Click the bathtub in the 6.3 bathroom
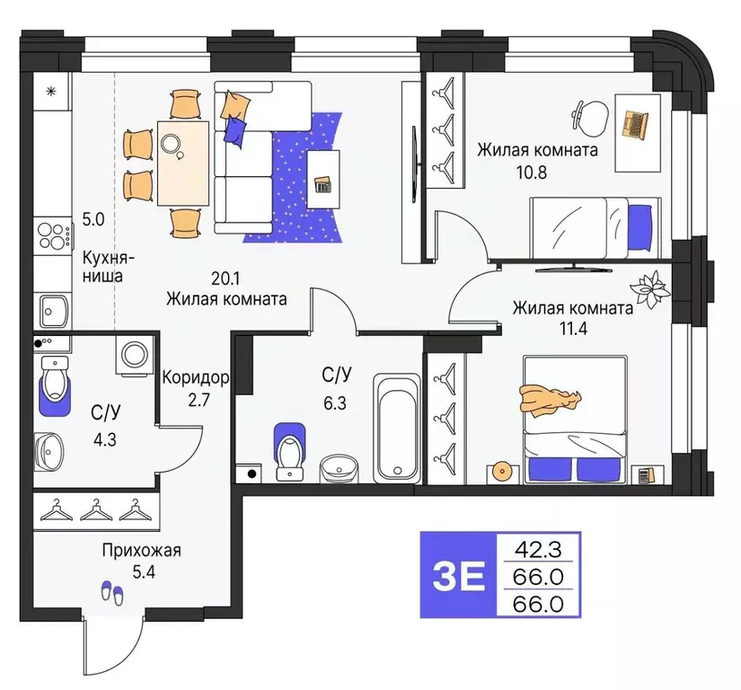point(396,427)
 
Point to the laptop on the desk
point(636,122)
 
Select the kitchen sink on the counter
point(53,309)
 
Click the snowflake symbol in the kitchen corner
point(51,90)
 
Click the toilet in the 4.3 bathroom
point(56,383)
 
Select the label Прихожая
point(141,551)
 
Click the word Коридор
point(195,379)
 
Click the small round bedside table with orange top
point(501,471)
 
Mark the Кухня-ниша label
point(102,266)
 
